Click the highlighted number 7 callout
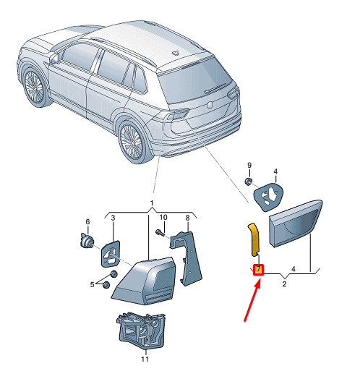tap(258, 270)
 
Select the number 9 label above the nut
tap(249, 166)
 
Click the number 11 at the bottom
tap(145, 359)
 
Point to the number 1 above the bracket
tap(152, 203)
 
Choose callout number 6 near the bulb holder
tap(87, 221)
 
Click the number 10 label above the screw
tap(163, 217)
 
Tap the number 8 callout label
tap(187, 218)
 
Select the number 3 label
tap(113, 218)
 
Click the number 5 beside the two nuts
tap(92, 284)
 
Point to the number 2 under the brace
tap(284, 284)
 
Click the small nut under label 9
tap(249, 182)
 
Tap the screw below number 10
tap(160, 233)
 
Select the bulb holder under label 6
tap(87, 241)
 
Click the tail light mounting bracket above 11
tap(141, 331)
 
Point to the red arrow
tap(252, 300)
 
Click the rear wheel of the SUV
tap(132, 142)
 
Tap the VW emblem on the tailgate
tap(210, 105)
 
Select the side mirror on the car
tap(55, 59)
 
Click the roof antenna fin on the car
tap(176, 53)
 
